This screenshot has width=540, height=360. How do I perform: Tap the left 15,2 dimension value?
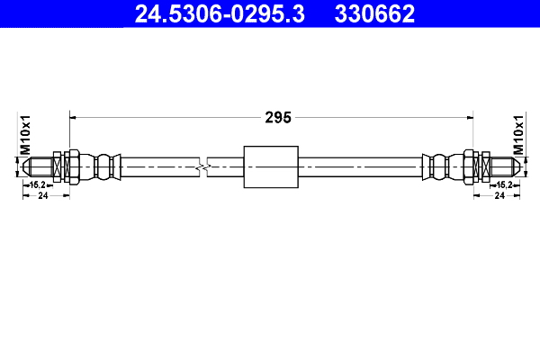coord(38,184)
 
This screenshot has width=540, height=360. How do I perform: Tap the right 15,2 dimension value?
coord(504,184)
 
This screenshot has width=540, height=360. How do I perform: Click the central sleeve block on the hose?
coord(271,166)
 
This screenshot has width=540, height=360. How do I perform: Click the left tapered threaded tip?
coord(38,166)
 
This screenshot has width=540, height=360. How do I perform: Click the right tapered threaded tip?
coord(504,166)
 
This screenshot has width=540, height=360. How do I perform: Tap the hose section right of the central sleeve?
coord(360,166)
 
